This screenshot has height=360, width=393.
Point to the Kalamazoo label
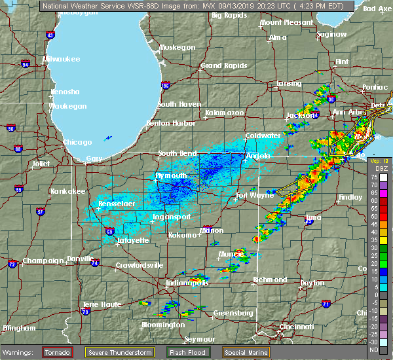[224, 113]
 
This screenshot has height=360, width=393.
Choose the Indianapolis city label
[187, 283]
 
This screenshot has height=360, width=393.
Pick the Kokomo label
[183, 235]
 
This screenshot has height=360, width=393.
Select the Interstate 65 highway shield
[110, 231]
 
